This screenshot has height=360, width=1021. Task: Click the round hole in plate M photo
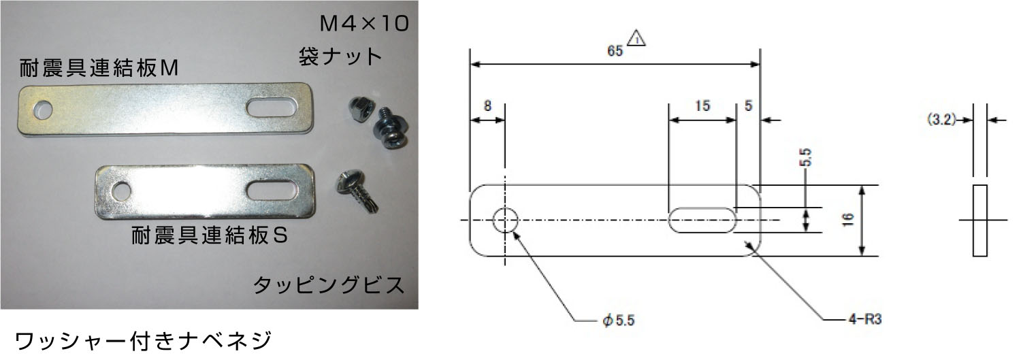click(42, 110)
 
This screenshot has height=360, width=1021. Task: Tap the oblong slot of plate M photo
click(272, 108)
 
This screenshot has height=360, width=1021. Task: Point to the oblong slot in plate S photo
click(271, 190)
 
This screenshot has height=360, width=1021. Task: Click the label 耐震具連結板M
click(99, 68)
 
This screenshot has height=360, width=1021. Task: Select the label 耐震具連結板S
click(209, 235)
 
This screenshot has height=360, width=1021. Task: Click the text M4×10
click(364, 24)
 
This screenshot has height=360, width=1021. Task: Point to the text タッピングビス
click(329, 285)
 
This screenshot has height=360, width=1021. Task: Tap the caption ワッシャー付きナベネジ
click(143, 341)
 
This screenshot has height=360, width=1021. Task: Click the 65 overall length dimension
click(615, 50)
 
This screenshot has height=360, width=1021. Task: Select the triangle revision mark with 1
click(636, 38)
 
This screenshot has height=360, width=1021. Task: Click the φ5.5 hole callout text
click(618, 321)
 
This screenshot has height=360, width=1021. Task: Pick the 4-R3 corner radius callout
click(865, 319)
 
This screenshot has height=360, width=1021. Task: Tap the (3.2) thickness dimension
click(941, 119)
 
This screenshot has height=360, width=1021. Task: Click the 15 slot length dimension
click(702, 105)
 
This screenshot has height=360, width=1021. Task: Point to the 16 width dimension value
click(848, 220)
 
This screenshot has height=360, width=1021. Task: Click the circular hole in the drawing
click(505, 220)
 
